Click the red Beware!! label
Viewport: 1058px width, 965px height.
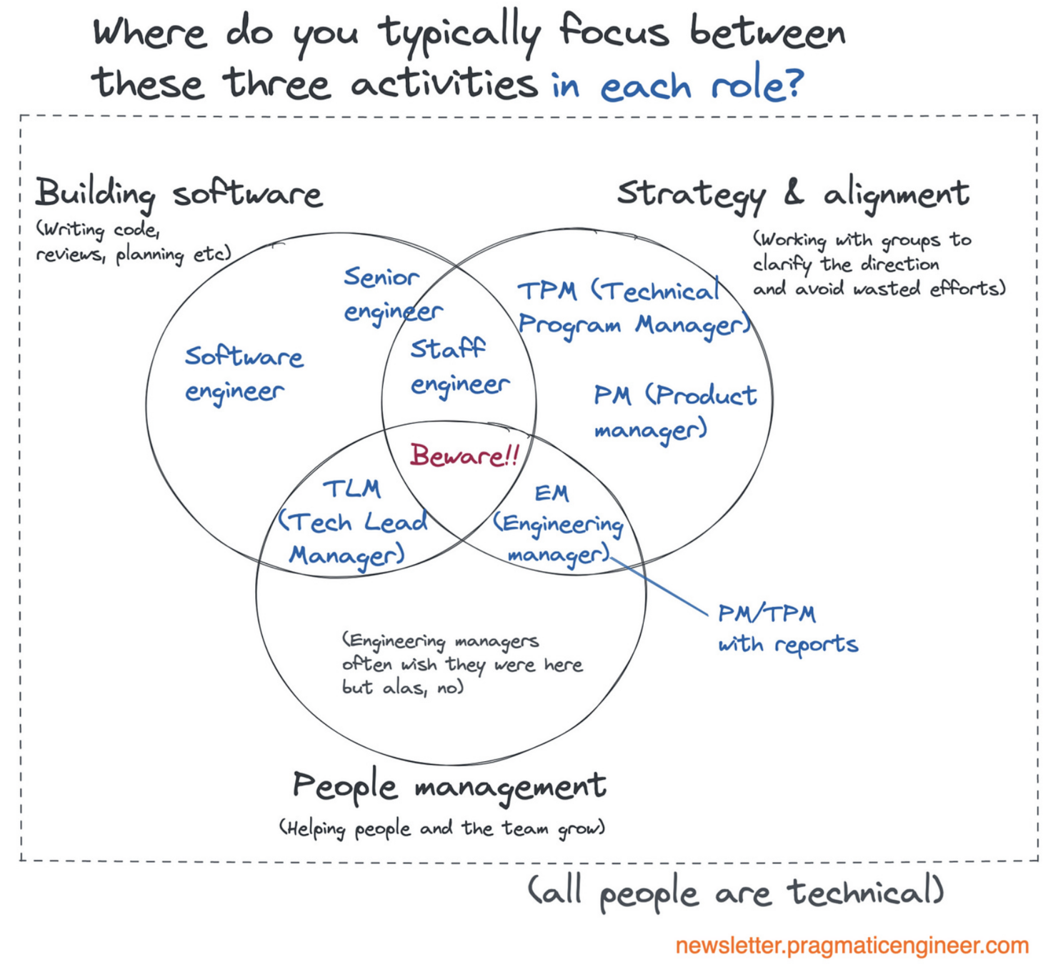464,455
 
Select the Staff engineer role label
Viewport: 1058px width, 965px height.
459,367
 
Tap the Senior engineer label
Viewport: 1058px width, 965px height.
392,295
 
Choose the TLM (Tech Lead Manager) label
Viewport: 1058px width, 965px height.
352,523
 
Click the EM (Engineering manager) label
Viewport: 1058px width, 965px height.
557,525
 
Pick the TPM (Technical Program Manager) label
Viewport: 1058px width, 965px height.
634,308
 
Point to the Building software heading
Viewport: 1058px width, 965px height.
179,193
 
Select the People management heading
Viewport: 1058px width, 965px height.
449,787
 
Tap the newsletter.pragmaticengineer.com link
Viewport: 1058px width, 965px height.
852,946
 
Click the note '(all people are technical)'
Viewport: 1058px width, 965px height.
736,893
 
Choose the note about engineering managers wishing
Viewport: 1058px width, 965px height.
462,663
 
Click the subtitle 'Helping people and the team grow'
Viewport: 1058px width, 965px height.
442,828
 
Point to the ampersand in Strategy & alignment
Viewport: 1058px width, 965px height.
793,192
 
